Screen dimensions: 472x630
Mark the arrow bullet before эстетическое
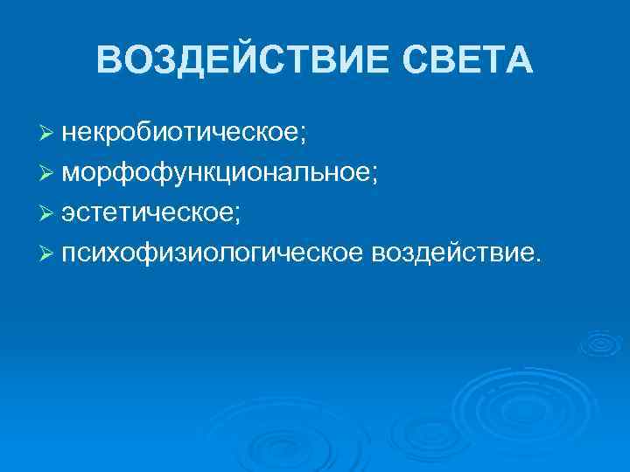point(46,213)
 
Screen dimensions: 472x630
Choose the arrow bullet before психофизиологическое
point(46,253)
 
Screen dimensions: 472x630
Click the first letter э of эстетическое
point(68,213)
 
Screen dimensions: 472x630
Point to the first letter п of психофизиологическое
point(69,253)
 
